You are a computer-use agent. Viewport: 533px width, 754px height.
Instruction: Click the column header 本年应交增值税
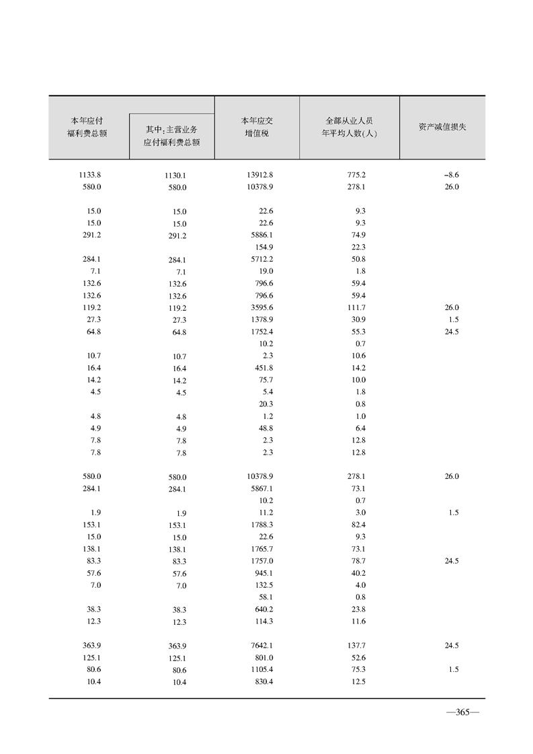coord(256,126)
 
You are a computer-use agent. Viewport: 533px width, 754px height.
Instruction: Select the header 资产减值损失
coord(442,126)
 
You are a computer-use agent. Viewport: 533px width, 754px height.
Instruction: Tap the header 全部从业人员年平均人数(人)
coord(349,126)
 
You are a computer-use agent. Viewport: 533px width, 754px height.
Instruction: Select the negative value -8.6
coord(451,175)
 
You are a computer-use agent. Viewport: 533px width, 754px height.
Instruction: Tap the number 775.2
coord(356,175)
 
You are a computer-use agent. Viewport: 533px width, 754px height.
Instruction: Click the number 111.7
coord(356,307)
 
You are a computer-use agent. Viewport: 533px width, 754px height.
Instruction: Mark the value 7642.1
coord(260,645)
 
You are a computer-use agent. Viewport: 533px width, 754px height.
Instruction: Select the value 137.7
coord(356,645)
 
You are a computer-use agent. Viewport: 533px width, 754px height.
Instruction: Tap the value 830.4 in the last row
coord(261,681)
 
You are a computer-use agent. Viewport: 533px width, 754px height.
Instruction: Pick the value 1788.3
coord(260,525)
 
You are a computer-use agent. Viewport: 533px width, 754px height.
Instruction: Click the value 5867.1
coord(260,488)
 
